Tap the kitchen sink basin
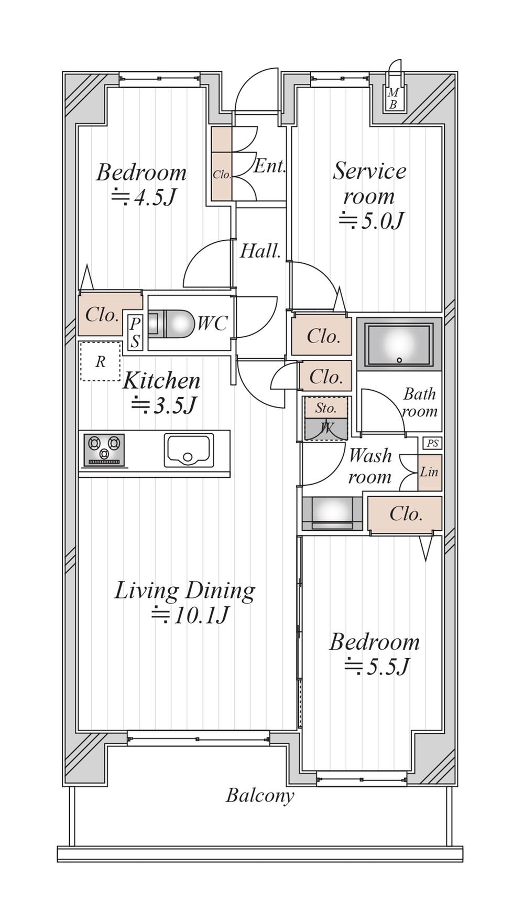189,450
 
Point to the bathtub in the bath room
399,344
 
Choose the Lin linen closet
429,472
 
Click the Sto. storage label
325,408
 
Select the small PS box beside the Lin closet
432,444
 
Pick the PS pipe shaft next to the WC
135,332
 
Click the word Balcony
260,796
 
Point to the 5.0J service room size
372,221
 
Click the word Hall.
260,252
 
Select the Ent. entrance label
269,167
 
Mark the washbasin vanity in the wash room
332,513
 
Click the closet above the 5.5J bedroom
405,515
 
